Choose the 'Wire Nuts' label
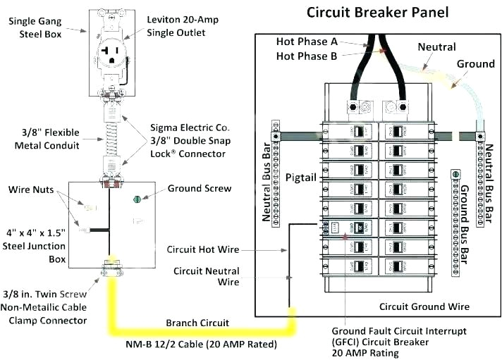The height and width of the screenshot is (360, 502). pyautogui.click(x=34, y=190)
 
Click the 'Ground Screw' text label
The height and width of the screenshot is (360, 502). pyautogui.click(x=200, y=189)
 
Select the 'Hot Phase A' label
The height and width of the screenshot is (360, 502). pyautogui.click(x=307, y=42)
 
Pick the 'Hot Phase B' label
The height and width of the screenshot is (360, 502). pyautogui.click(x=307, y=56)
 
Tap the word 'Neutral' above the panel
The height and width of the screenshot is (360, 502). pyautogui.click(x=437, y=46)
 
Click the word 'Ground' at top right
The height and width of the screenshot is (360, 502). pyautogui.click(x=475, y=64)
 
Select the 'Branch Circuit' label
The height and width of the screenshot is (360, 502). pyautogui.click(x=197, y=323)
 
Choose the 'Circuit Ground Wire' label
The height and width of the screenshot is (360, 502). pyautogui.click(x=424, y=306)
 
